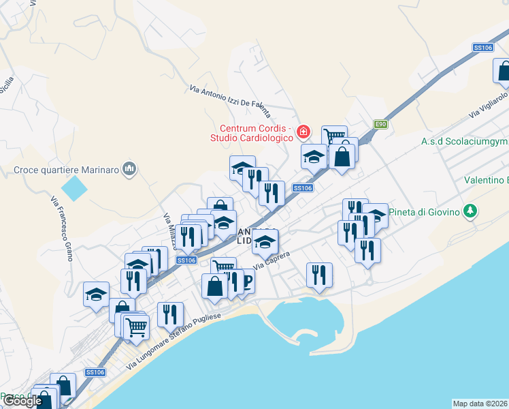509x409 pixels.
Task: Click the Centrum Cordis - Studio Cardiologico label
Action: [x=255, y=133]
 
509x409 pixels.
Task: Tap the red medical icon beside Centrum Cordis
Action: [x=304, y=131]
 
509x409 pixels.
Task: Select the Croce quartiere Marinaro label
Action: [x=67, y=169]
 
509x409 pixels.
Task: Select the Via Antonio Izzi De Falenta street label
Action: [x=230, y=100]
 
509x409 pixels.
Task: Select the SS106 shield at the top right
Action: [x=482, y=47]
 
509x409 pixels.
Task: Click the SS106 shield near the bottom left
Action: [x=95, y=372]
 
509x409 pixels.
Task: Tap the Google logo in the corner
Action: [x=22, y=401]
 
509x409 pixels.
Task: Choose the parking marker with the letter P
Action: [x=244, y=280]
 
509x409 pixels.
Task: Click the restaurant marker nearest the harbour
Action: [x=319, y=274]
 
